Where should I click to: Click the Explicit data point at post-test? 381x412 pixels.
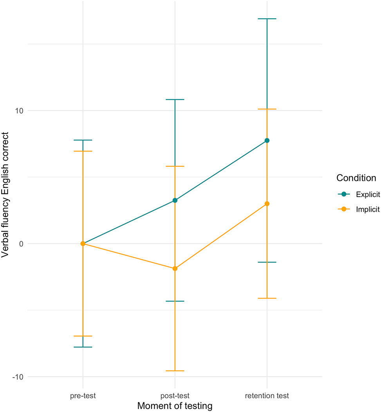tap(175, 201)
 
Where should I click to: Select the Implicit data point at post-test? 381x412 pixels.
tap(175, 269)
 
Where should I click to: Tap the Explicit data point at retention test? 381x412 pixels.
tap(267, 141)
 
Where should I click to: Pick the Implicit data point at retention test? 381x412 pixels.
tap(267, 204)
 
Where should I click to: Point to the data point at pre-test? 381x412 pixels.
tap(83, 244)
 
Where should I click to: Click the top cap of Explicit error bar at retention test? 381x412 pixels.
tap(267, 19)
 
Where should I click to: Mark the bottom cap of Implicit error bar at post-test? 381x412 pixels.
tap(175, 371)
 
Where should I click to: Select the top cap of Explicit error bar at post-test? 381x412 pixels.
tap(175, 99)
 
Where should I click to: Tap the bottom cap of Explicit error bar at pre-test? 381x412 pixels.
tap(83, 347)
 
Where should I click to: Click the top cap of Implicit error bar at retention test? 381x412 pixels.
tap(267, 109)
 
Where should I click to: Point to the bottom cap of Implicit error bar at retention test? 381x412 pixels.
tap(267, 298)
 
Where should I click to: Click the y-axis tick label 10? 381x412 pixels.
tap(19, 110)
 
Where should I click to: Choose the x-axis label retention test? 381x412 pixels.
tap(267, 396)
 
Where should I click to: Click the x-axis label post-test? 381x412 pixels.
tap(175, 396)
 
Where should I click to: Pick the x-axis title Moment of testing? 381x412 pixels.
tap(175, 406)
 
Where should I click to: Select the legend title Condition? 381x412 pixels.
tap(356, 178)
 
